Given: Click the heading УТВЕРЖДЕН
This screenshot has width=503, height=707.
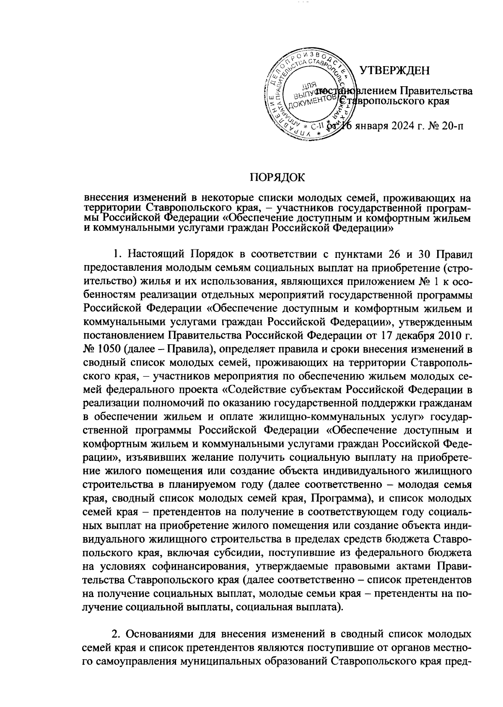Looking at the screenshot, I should (x=395, y=70).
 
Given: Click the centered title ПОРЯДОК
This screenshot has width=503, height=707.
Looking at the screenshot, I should (x=277, y=177).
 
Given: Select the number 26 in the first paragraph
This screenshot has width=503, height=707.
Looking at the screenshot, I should (x=393, y=254).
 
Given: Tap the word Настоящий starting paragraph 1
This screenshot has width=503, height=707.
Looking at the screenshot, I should (x=158, y=254).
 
